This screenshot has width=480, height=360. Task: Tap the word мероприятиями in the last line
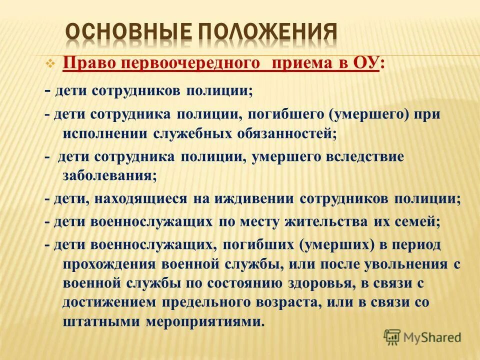click(203, 321)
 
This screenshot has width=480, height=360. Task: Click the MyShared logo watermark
click(422, 337)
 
